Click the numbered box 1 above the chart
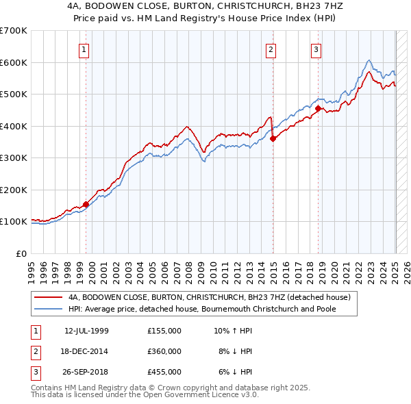coord(84,49)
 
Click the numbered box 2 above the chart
coord(271,49)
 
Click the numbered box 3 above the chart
coord(316,49)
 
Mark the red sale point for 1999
coord(86,203)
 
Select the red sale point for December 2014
coord(273,138)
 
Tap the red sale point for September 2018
coord(319,108)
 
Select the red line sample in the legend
coord(49,297)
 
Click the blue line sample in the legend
coord(49,308)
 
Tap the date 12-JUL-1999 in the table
coord(86,331)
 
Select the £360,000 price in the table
coord(164,351)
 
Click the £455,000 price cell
coord(164,372)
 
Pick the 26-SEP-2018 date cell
coord(86,372)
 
